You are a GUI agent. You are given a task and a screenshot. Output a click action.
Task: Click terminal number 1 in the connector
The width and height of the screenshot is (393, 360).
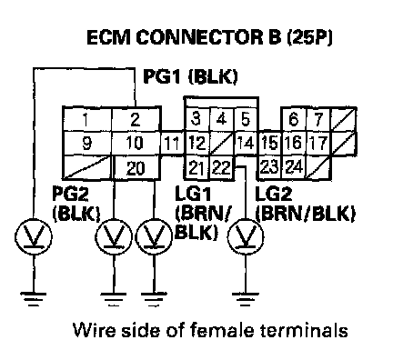pos(86,119)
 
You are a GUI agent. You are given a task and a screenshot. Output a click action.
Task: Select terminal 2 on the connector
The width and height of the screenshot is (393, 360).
pos(136,119)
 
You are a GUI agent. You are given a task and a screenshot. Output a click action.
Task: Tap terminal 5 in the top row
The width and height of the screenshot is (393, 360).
pos(246,119)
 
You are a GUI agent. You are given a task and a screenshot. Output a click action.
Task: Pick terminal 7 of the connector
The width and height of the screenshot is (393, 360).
pos(318,119)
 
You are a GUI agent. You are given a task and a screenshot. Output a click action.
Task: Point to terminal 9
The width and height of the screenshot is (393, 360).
pos(86,144)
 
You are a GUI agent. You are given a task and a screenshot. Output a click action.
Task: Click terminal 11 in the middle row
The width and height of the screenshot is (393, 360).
pos(172,144)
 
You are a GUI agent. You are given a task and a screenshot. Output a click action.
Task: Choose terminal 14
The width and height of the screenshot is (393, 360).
pos(246,144)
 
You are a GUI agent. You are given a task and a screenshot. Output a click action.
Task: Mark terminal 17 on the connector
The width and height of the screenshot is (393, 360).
pos(318,144)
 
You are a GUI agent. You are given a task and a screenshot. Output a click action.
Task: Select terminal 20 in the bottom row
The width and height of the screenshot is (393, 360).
pos(136,168)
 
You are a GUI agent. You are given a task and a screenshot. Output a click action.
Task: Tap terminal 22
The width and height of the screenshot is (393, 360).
pos(222,167)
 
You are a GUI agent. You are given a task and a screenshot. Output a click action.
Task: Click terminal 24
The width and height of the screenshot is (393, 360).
pos(294,167)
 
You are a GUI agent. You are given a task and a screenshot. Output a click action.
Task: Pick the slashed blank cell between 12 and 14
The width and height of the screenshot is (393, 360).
pos(222,144)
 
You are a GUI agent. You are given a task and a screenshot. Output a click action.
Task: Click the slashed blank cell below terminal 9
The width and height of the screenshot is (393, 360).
pos(87,167)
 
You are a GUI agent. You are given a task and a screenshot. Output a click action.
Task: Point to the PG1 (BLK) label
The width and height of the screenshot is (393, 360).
pos(190,76)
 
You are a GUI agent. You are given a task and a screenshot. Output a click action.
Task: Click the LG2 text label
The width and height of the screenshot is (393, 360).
pos(274,194)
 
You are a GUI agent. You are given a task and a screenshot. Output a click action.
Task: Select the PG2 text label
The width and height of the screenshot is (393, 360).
pos(70,194)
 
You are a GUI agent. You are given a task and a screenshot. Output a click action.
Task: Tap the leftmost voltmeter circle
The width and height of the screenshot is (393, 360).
pos(34,236)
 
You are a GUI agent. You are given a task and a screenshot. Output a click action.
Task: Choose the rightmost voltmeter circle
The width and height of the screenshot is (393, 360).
pos(246,235)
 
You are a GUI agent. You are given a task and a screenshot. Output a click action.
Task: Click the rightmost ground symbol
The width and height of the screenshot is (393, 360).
pos(246,299)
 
